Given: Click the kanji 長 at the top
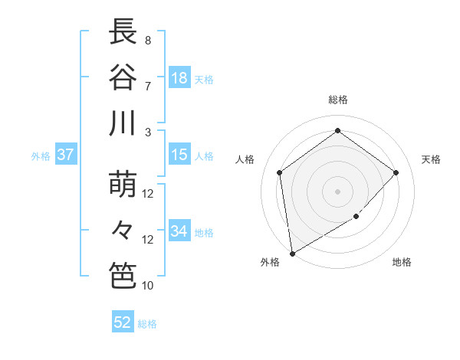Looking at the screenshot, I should point(123,32).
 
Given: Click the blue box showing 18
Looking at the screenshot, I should point(179,78).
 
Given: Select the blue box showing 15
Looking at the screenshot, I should point(179,155).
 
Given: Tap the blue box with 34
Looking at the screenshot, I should point(179,231).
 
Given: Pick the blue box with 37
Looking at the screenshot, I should point(66,155).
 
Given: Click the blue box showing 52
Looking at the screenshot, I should point(123,322).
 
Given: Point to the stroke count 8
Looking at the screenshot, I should point(148,40).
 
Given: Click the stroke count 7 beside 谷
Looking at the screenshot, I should point(148,86).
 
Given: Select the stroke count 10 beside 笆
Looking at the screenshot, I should point(148,285).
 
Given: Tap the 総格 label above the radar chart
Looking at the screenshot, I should point(337,100).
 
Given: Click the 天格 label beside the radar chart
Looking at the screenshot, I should point(431,159).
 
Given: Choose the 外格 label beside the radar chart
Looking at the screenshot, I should point(270,262).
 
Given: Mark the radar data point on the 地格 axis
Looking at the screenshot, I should point(356,217).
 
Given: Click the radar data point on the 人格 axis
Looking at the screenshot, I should point(280,172).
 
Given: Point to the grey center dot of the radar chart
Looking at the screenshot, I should point(337,191).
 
